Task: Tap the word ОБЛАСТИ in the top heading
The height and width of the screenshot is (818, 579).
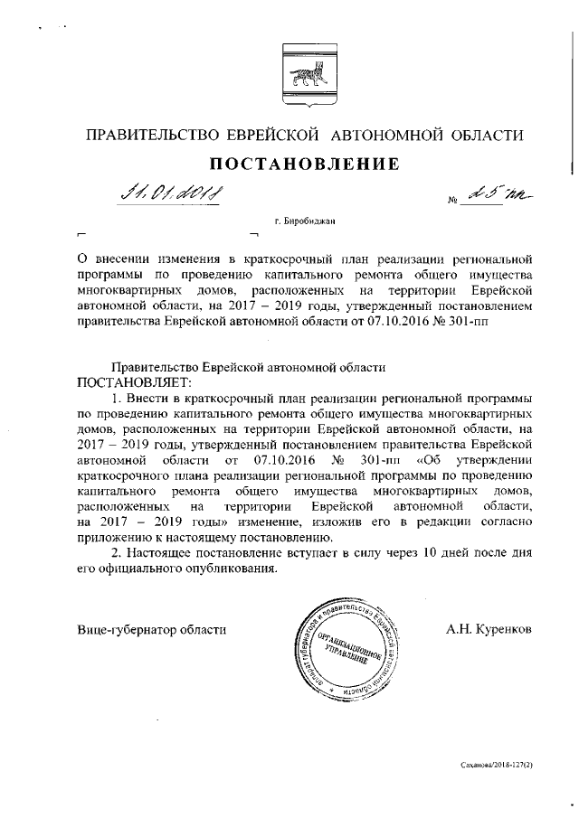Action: [x=480, y=136]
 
